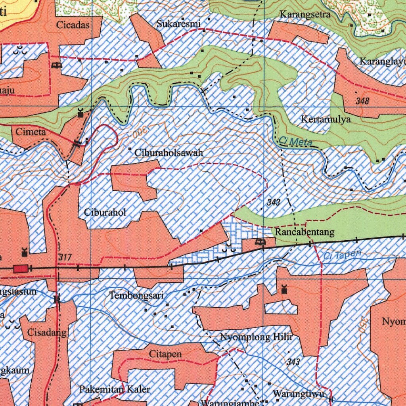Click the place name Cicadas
coord(73,25)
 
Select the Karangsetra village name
coord(305,15)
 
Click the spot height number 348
coord(362,101)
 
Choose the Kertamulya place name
coord(326,119)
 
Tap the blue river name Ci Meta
coord(295,141)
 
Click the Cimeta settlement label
coord(31,132)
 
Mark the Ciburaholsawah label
coord(169,153)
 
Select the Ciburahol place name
coord(105,212)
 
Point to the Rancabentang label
coord(304,232)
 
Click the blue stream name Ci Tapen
coord(343,255)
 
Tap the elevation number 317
coord(65,257)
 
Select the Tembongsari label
coord(136,295)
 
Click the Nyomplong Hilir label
coord(256,337)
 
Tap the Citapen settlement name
coord(165,354)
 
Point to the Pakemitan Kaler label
coord(115,389)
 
